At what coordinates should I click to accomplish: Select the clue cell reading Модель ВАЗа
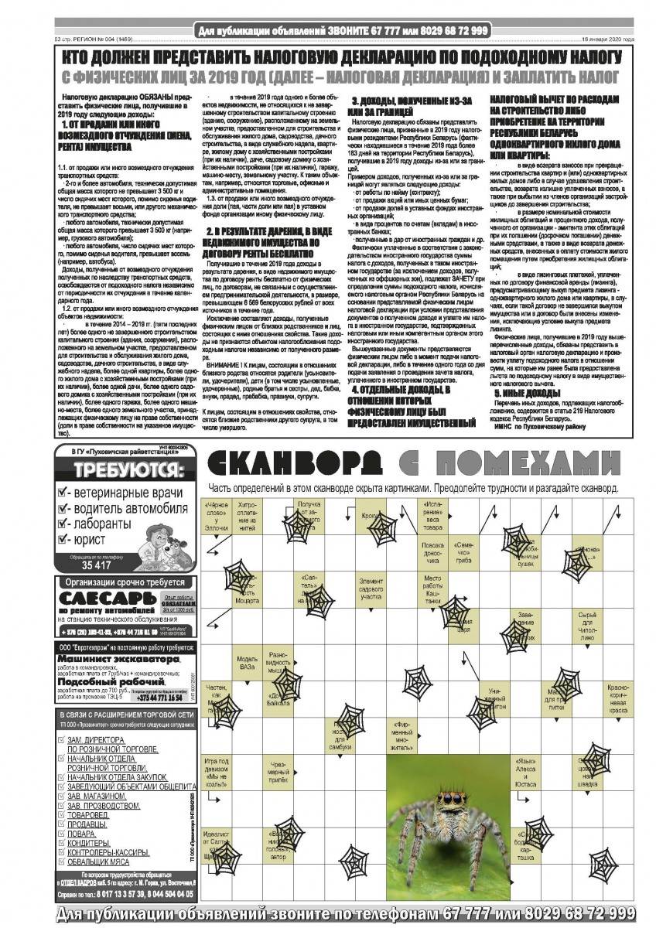(247, 664)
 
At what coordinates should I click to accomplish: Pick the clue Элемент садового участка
(371, 587)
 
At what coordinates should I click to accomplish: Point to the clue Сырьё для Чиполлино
(587, 626)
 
